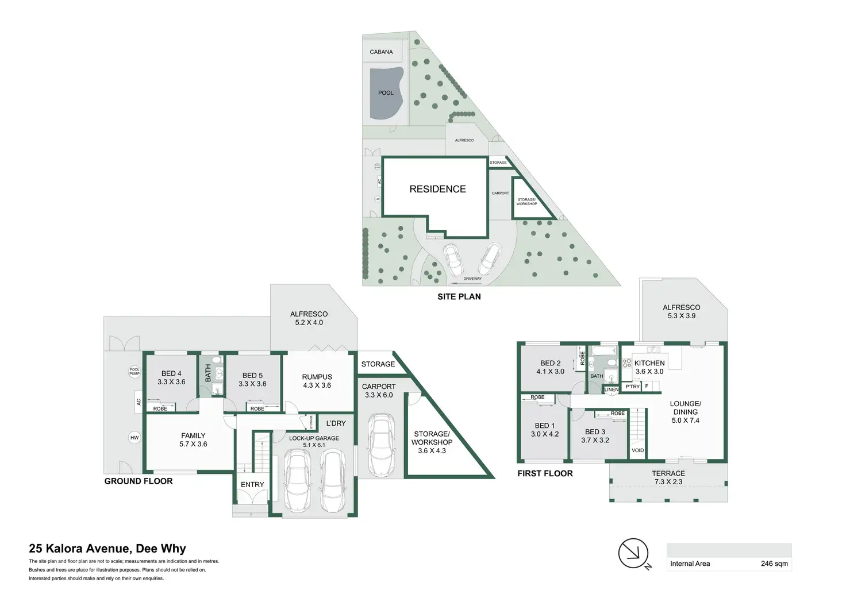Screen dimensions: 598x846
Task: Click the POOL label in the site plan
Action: coord(386,93)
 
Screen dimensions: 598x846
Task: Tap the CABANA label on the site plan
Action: coord(381,52)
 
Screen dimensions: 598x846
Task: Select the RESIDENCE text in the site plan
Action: coord(437,189)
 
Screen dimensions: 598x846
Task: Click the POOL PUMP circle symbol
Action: coord(134,372)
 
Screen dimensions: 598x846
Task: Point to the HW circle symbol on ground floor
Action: coord(134,438)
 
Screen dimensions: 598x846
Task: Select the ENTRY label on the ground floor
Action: coord(252,485)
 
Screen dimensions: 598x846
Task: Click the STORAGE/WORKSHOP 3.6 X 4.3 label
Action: coord(432,442)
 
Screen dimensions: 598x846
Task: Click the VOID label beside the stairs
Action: coord(638,450)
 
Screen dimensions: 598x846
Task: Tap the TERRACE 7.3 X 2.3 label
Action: coord(668,477)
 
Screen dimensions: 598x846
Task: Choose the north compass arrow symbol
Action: coord(633,553)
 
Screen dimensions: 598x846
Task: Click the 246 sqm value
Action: coord(774,564)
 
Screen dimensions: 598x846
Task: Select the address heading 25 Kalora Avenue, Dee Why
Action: coord(107,549)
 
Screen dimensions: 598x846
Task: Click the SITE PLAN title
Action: coord(459,296)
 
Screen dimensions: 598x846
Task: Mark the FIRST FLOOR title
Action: coord(545,473)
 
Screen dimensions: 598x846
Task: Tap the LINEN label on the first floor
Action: coord(612,390)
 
